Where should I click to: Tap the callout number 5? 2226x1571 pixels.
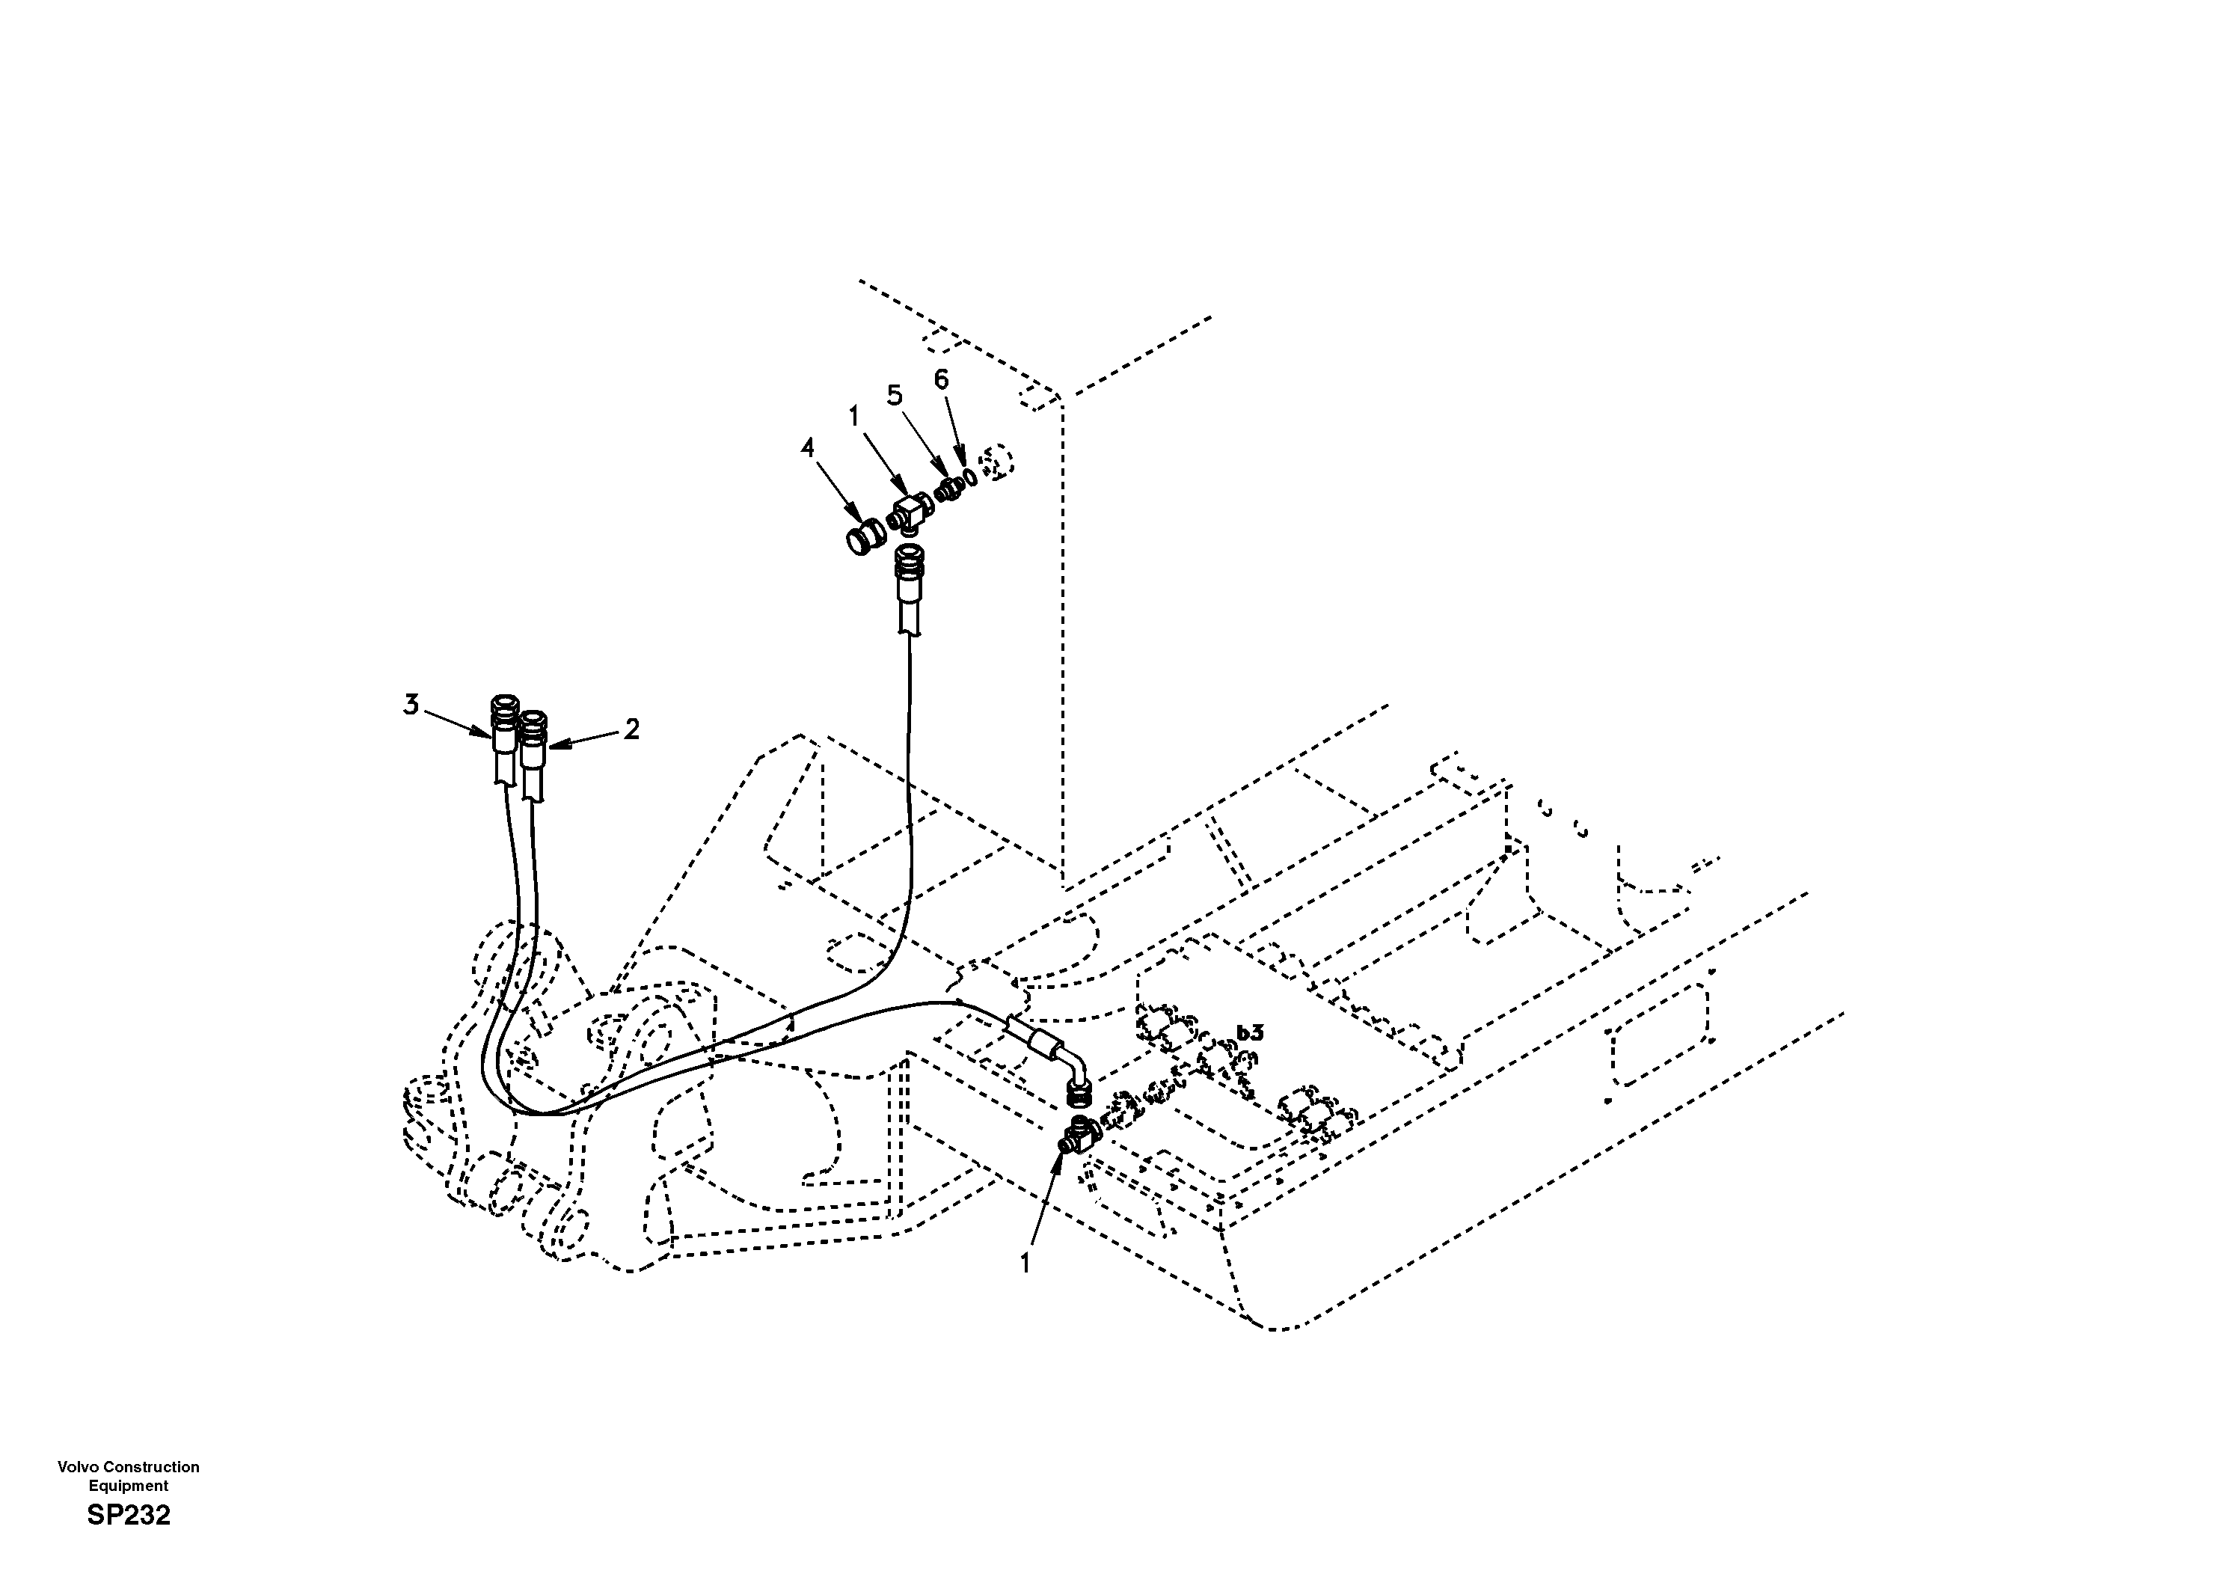pos(894,395)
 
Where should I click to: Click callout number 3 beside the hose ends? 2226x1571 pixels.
pos(411,705)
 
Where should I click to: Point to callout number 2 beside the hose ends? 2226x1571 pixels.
pos(631,729)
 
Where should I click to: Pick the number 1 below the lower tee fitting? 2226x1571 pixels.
pos(1025,1263)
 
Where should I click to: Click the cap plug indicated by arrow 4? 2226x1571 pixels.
pos(865,537)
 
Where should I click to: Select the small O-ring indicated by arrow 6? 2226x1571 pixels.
pos(968,478)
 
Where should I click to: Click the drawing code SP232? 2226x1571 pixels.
pos(128,1516)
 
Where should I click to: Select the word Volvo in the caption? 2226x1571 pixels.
pos(78,1467)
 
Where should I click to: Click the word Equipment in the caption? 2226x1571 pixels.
pos(128,1486)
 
